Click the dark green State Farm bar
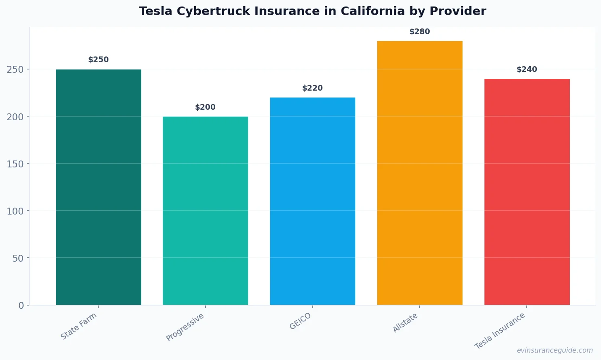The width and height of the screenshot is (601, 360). click(98, 187)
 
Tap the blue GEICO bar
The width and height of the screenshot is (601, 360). click(312, 201)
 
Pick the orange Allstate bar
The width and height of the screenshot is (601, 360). click(419, 173)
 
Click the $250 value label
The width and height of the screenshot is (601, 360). click(98, 60)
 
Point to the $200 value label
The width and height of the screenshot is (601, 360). click(205, 107)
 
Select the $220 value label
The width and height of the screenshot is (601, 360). click(312, 88)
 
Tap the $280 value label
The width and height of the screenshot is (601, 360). click(419, 32)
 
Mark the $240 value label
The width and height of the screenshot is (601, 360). click(527, 69)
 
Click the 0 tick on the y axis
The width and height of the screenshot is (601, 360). click(21, 306)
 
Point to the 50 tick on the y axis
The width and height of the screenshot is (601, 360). click(18, 258)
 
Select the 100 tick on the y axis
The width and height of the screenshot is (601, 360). click(15, 211)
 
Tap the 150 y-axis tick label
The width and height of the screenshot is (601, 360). click(15, 164)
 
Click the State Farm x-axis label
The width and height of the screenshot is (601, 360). click(79, 326)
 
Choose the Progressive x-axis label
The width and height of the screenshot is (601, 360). click(185, 327)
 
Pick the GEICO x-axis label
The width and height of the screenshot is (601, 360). click(300, 321)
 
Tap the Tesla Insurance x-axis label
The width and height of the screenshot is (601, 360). click(500, 331)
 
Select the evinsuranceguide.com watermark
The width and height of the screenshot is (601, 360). click(555, 350)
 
